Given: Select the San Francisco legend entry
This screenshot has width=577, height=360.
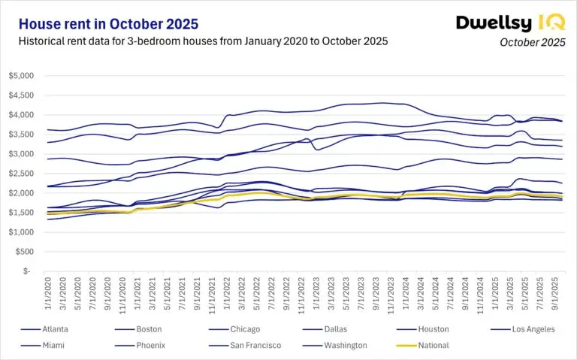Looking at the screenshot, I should coord(258,345).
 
